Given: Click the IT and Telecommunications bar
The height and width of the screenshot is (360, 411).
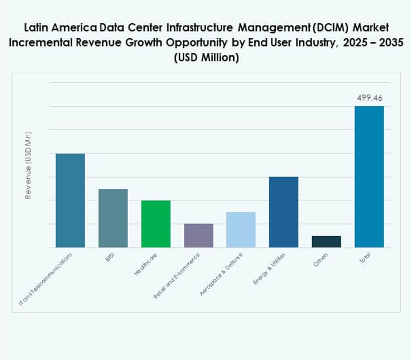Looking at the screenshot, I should coord(70,200).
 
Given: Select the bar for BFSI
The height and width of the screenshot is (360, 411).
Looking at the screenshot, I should coord(113,218).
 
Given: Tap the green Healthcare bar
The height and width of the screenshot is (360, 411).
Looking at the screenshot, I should coord(155,224).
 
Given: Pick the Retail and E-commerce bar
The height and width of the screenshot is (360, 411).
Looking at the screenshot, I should coord(198,235).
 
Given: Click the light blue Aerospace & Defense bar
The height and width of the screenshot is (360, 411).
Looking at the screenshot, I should coord(241,229).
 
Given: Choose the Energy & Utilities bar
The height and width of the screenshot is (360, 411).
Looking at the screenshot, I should coord(284,212).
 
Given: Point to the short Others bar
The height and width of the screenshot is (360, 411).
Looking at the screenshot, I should coord(326,241).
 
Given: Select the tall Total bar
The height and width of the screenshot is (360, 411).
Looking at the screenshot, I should coord(369,177).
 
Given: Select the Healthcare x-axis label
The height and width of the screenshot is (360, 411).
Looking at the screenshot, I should coord(145,266).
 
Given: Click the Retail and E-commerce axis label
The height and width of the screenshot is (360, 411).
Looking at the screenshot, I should coord(178,275).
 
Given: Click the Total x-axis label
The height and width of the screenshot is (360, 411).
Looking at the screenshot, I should coord(365,259).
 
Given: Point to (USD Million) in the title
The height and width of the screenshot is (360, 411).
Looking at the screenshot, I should coord(206,58).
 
